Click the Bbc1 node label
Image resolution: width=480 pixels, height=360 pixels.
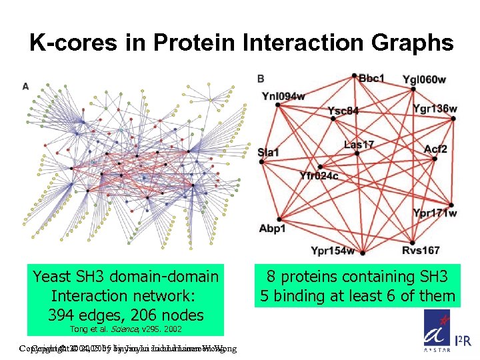coord(371,79)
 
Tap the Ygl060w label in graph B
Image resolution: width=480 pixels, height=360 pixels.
coord(424,80)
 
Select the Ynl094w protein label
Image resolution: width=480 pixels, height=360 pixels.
coord(283,96)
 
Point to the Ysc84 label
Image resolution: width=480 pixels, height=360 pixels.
coord(343,110)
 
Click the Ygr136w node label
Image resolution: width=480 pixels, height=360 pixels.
coord(435,108)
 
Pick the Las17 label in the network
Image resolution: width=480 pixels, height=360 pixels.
coord(359,144)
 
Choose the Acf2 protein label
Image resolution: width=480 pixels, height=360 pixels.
coord(435,149)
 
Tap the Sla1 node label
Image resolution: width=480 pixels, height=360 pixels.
coord(268,153)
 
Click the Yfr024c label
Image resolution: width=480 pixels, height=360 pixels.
coord(319,176)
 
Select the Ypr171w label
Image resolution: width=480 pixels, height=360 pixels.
coord(435,213)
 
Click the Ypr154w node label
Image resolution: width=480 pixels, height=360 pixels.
coord(333,251)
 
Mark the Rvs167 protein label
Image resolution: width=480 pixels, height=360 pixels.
coord(421,251)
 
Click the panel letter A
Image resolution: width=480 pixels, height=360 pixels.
coord(25,86)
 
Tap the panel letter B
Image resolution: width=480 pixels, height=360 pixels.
coord(260,79)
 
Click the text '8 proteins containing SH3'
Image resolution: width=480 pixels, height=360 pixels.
coord(357,277)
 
